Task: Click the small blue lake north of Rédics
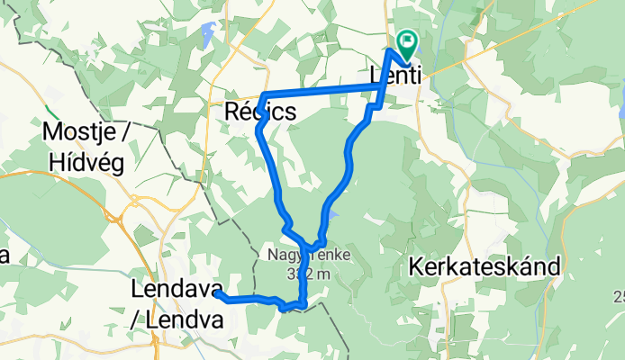tap(208, 36)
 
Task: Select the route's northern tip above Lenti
tap(391, 49)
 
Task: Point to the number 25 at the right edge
tap(619, 298)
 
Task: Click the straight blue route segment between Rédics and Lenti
tap(324, 90)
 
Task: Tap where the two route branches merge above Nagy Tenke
tap(308, 245)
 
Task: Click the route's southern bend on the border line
tap(303, 303)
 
